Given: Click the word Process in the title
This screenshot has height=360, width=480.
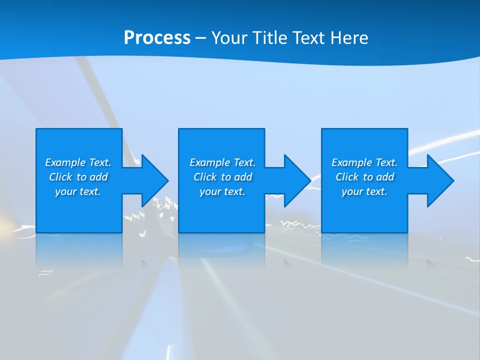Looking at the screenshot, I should [x=157, y=37].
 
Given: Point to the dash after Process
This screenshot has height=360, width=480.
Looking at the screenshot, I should [x=200, y=38].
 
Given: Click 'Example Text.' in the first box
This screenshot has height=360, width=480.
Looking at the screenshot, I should [x=78, y=162].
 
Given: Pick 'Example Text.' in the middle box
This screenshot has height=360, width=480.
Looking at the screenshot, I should [x=222, y=162].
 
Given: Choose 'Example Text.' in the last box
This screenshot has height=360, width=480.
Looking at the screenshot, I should [x=364, y=162].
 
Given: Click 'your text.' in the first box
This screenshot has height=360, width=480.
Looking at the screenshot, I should [x=78, y=191].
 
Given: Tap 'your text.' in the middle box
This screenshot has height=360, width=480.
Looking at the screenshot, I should [x=222, y=191].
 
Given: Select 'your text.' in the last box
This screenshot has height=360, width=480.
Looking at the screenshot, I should [x=364, y=191].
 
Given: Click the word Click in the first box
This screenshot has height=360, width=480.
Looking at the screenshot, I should [x=61, y=177].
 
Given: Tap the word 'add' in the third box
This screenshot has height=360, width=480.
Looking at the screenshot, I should [x=385, y=177].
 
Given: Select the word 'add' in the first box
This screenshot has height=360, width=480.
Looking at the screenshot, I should [x=98, y=177].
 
